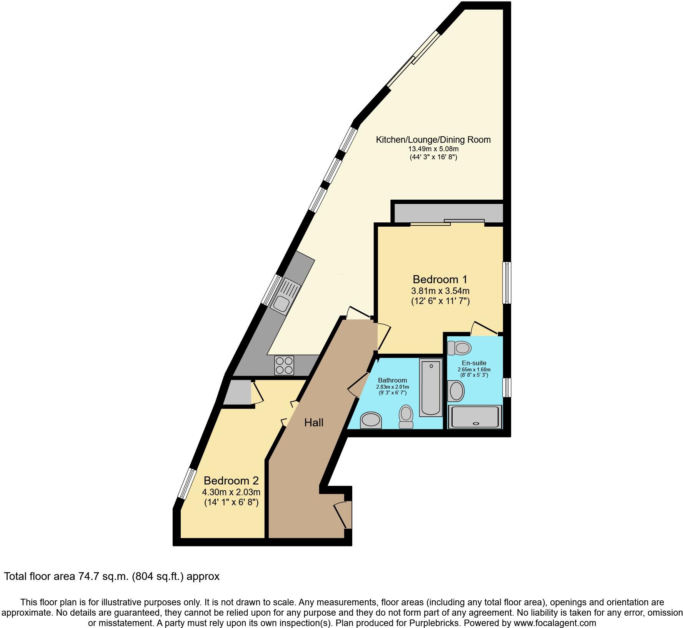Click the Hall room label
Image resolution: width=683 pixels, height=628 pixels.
313,423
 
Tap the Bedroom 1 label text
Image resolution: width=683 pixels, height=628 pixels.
440,279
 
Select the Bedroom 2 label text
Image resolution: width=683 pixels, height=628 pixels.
231,481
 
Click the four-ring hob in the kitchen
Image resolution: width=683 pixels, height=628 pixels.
284,365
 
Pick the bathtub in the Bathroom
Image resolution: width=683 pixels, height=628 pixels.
431,387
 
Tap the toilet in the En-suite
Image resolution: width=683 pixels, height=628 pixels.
460,348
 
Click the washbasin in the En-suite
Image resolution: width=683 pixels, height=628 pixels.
456,391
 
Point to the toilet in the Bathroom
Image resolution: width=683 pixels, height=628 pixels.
406,417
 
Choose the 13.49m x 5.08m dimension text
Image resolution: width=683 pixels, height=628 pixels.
433,149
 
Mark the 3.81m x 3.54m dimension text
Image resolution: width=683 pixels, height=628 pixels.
440,291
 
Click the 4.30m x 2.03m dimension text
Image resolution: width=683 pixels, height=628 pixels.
231,492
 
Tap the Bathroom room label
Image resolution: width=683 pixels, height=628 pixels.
392,381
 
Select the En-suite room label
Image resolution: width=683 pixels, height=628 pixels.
474,363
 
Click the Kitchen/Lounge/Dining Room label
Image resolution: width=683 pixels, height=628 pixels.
433,140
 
